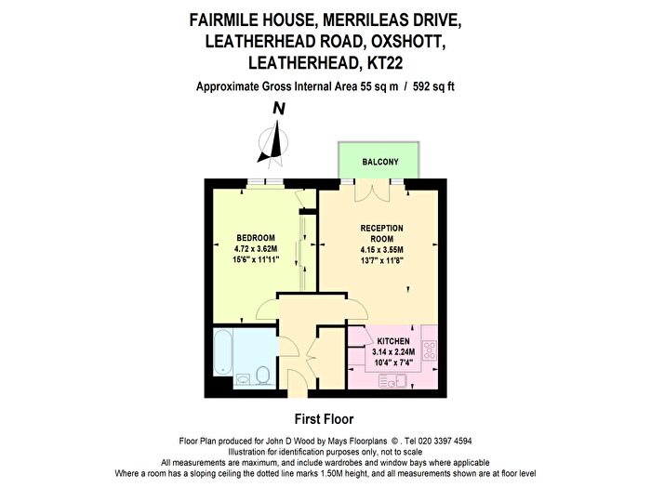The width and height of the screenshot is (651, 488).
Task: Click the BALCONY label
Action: (379, 162)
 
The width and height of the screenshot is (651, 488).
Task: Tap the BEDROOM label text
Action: (256, 238)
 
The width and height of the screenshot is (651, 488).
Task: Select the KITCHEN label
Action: (393, 341)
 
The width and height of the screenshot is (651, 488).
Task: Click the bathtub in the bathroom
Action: (222, 352)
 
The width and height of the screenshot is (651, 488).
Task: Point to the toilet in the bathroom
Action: (262, 376)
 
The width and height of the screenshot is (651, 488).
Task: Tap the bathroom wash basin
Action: (243, 379)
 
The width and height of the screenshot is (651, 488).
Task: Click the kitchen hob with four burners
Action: (430, 350)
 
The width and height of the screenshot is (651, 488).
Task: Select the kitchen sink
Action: (392, 381)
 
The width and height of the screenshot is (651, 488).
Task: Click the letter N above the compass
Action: (279, 109)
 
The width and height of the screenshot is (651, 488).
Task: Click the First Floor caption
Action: (324, 419)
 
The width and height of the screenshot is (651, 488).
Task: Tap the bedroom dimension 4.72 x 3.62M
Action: (256, 249)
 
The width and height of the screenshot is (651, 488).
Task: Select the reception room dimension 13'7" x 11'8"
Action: (382, 260)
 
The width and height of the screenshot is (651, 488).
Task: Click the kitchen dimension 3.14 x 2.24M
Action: (393, 352)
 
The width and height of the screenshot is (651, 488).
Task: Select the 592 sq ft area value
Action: (433, 86)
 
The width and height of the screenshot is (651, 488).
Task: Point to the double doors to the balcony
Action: (372, 191)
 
